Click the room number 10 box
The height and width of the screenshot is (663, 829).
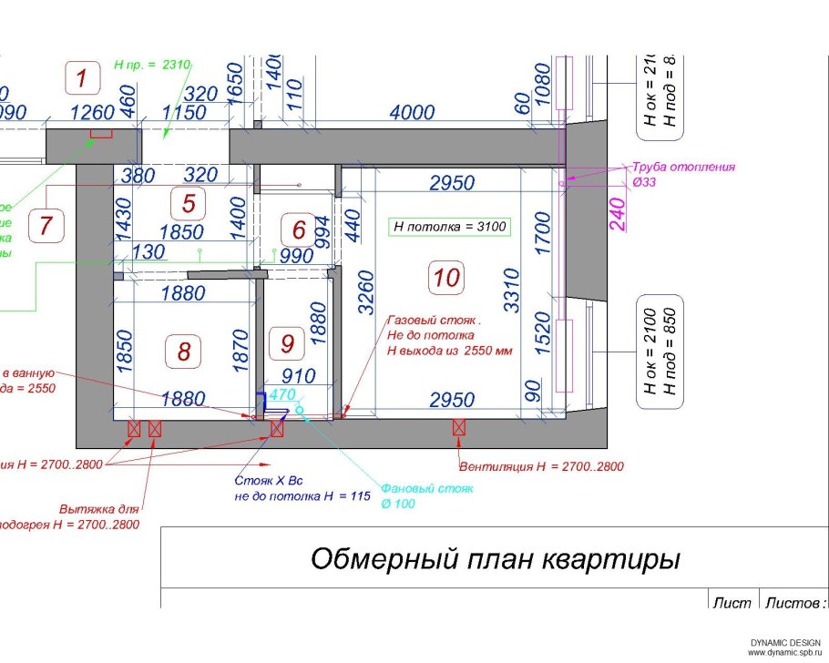[x=446, y=277]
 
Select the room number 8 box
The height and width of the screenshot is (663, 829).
[x=184, y=350]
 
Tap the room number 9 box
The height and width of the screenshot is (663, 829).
[x=288, y=343]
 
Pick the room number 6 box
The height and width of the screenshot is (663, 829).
[x=298, y=227]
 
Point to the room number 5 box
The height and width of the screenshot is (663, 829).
[x=189, y=203]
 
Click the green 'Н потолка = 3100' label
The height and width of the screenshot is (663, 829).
[x=450, y=227]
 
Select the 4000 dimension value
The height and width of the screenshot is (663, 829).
[x=412, y=112]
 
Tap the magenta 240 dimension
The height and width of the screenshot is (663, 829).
[x=619, y=215]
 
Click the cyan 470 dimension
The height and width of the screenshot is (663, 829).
[x=282, y=395]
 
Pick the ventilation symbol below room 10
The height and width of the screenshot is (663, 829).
[x=458, y=427]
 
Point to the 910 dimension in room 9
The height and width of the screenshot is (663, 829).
[x=298, y=375]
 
